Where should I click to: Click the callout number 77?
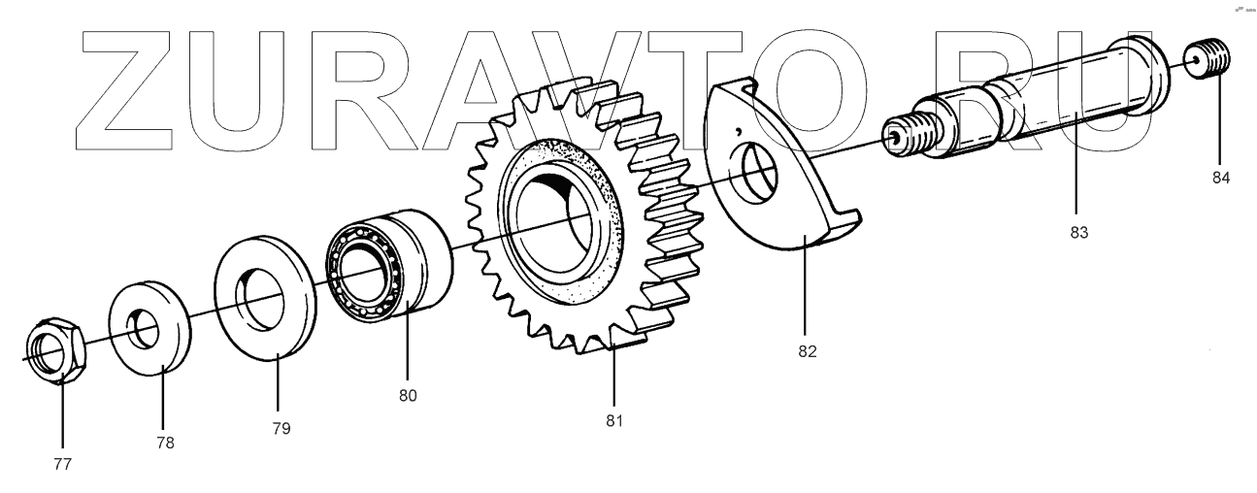coord(62,464)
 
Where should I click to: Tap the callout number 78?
coord(165,443)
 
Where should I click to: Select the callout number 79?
coord(281,427)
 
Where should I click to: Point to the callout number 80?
coord(408,396)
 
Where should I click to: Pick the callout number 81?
coord(613,420)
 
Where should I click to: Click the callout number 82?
coord(807,351)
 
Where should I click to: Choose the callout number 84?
coord(1220,178)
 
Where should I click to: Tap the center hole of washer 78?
coord(147,329)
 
